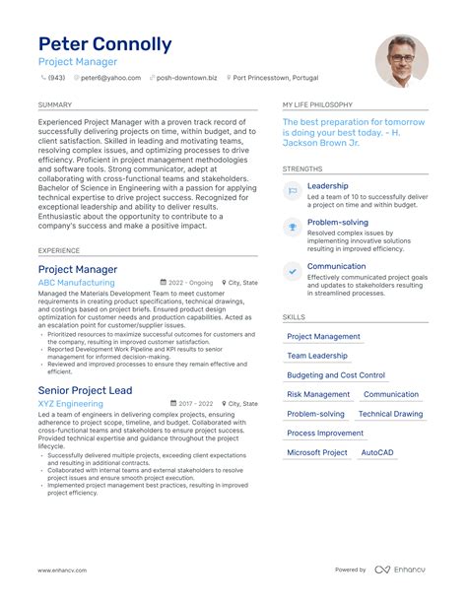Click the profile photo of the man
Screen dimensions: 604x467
[401, 61]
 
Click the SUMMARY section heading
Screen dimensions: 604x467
[54, 104]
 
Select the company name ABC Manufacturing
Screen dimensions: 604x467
[76, 282]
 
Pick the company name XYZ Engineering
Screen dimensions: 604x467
[70, 404]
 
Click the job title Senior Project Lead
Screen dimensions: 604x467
[85, 390]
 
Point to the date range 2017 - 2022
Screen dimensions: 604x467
[194, 404]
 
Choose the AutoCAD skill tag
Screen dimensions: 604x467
[377, 452]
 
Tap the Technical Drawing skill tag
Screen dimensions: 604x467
[390, 414]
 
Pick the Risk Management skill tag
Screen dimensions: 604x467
[318, 394]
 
